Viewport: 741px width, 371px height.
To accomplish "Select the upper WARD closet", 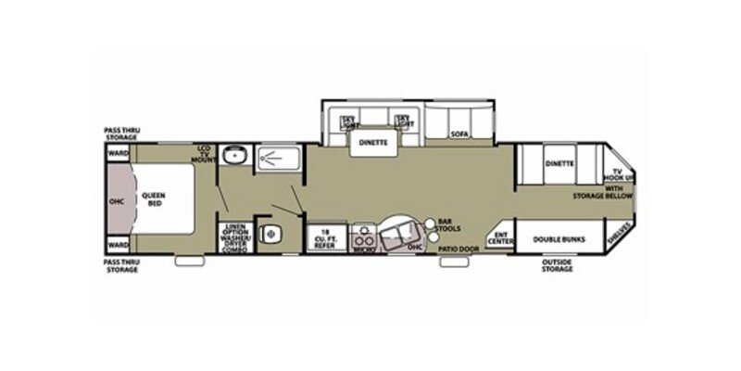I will [x=118, y=152].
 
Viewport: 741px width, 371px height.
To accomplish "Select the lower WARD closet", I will [x=118, y=245].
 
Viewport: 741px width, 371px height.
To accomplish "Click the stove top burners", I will [x=362, y=232].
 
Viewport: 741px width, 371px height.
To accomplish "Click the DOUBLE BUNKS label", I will [x=556, y=238].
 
